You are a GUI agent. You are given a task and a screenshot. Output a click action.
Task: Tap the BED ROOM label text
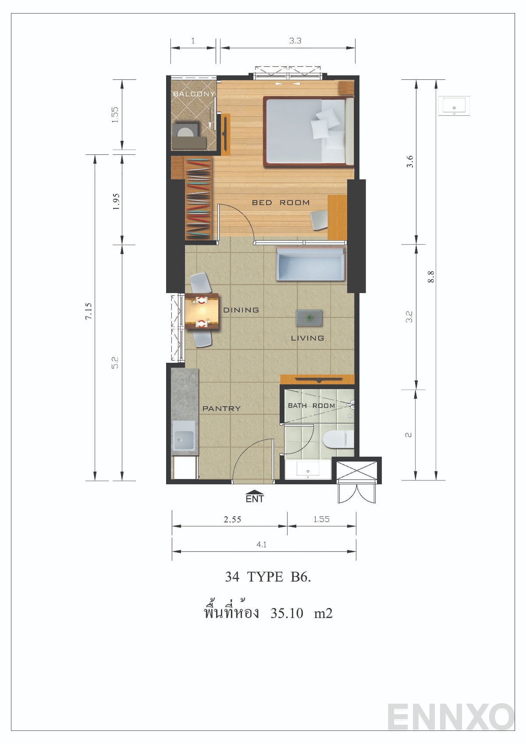[x=281, y=203]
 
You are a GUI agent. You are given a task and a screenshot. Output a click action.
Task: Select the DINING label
[x=241, y=310]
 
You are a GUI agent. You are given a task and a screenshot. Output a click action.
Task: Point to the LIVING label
[x=307, y=338]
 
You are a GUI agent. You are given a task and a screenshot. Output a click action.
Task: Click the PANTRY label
[x=221, y=408]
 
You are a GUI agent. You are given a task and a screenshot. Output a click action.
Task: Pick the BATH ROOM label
[x=311, y=406]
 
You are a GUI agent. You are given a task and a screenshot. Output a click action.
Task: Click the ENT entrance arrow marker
[x=255, y=496]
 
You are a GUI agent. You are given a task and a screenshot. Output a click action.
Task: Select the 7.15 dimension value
[x=89, y=311]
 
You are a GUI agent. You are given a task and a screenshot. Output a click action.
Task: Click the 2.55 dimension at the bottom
[x=232, y=519]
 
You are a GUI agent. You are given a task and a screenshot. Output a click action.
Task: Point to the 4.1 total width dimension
[x=262, y=545]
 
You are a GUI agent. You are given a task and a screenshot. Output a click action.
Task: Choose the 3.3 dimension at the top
[x=295, y=41]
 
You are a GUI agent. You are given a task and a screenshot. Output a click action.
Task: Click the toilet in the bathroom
[x=338, y=439]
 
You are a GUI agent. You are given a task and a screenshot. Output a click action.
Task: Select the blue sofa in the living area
[x=309, y=264]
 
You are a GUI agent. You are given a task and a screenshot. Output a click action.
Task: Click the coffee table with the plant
[x=309, y=318]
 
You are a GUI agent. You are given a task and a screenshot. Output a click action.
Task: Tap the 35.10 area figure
[x=287, y=613]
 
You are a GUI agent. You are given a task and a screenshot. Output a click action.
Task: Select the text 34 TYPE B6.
[x=268, y=577]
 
